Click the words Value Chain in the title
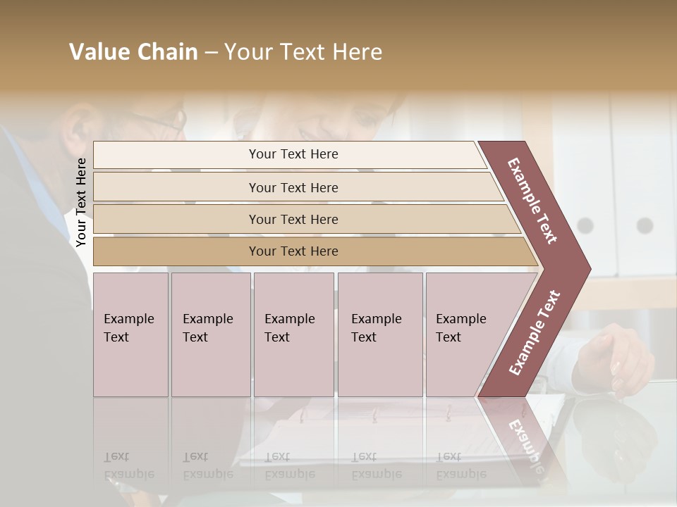[133, 52]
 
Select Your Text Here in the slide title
[303, 52]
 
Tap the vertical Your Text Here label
[81, 202]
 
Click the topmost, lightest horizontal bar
[293, 154]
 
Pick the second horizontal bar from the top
[293, 187]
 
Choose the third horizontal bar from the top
[293, 219]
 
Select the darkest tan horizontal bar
[293, 251]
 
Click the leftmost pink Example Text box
[130, 334]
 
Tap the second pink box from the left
[210, 334]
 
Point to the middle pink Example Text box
[293, 334]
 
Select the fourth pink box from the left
[379, 334]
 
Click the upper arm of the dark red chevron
[532, 201]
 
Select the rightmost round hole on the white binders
[645, 225]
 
